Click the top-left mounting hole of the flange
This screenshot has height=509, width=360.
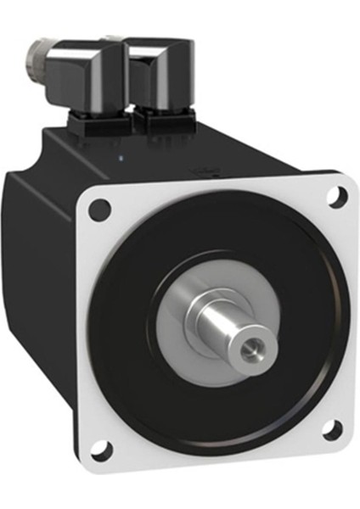pos(100,206)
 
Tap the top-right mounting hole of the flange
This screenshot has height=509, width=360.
pos(337,196)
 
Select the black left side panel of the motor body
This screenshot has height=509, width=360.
pos(51,280)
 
